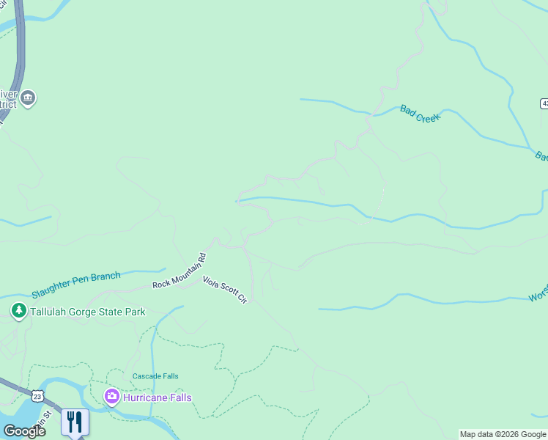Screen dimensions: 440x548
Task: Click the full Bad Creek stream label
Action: point(420,113)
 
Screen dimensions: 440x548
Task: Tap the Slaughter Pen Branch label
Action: point(75,285)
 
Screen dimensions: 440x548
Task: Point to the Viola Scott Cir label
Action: point(226,290)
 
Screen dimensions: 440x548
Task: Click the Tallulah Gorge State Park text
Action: point(87,312)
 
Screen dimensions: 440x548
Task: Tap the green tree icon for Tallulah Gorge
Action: point(19,312)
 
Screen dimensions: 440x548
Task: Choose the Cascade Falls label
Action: point(155,376)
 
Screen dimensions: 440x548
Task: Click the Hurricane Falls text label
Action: point(157,397)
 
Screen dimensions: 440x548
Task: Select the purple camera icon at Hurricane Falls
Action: point(112,397)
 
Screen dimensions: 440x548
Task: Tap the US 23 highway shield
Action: point(37,396)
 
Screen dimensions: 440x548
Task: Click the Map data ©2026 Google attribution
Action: point(503,434)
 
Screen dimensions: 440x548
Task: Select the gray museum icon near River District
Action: point(28,98)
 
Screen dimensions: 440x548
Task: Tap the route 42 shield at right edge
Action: point(544,104)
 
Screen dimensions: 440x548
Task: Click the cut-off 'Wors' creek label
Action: point(538,297)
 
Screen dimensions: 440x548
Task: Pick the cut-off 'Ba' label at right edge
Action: point(541,156)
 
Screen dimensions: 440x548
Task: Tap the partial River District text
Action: point(7,98)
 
